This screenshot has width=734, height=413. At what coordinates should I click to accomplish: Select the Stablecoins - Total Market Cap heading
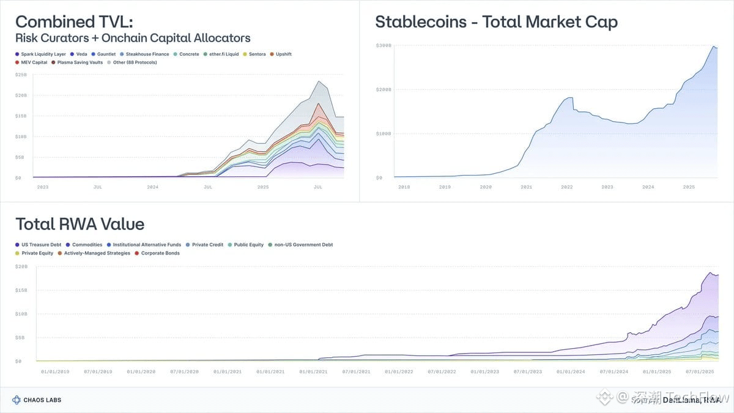[496, 22]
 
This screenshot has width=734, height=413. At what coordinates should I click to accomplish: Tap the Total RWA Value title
[80, 224]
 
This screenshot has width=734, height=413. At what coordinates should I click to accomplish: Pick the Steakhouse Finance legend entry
[144, 54]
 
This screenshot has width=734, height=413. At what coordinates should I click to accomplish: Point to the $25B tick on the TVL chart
[21, 75]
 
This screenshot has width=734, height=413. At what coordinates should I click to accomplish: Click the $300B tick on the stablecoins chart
[384, 46]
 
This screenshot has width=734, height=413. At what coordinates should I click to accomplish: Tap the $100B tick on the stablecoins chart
[384, 133]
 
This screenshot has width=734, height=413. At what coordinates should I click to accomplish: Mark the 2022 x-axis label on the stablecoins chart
[567, 187]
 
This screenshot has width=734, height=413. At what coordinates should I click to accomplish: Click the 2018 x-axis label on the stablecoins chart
[404, 187]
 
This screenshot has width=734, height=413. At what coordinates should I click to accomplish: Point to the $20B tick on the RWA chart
[21, 267]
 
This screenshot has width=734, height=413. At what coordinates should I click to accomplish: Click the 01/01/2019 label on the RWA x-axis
[55, 371]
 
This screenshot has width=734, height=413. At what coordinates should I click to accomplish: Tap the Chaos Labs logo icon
[17, 400]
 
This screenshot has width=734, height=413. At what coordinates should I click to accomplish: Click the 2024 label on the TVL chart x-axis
[152, 187]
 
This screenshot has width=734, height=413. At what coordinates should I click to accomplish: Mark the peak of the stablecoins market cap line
[713, 47]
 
